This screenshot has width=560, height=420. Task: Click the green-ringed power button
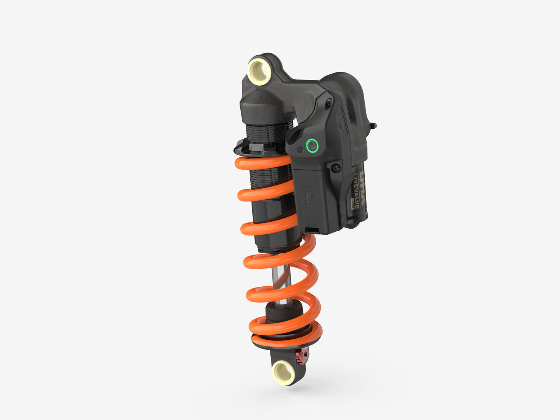(312, 146)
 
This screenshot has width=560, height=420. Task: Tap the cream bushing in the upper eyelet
(258, 71)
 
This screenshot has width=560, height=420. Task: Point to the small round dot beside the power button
(300, 150)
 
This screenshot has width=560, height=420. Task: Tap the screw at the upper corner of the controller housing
(329, 102)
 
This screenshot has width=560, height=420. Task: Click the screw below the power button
(336, 168)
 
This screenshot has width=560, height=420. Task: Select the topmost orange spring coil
(264, 163)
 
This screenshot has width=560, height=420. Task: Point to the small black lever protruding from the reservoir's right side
(373, 126)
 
